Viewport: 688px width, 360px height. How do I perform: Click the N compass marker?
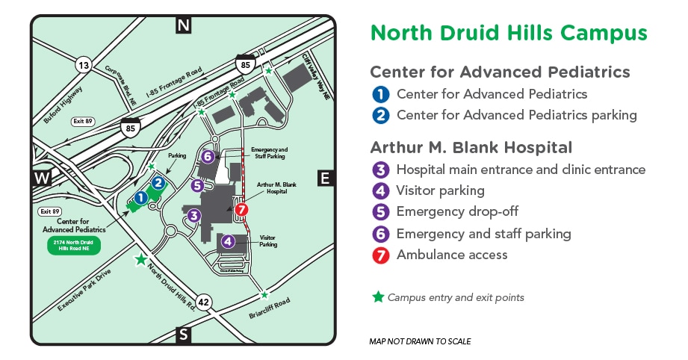pyautogui.click(x=184, y=25)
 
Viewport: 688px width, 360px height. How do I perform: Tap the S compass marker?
pyautogui.click(x=184, y=334)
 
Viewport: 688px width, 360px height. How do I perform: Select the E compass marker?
pyautogui.click(x=325, y=178)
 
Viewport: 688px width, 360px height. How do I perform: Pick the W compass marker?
pyautogui.click(x=40, y=178)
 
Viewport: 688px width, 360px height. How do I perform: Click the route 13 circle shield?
pyautogui.click(x=84, y=66)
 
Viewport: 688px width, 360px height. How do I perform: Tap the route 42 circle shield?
pyautogui.click(x=205, y=302)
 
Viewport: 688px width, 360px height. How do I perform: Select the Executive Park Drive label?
pyautogui.click(x=84, y=289)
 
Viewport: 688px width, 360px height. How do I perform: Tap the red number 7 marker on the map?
pyautogui.click(x=241, y=210)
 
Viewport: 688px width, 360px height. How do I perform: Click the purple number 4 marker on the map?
pyautogui.click(x=228, y=241)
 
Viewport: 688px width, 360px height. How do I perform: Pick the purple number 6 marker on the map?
pyautogui.click(x=208, y=157)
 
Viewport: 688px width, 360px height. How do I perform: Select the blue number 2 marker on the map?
pyautogui.click(x=158, y=181)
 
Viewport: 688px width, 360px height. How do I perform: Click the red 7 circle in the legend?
pyautogui.click(x=381, y=255)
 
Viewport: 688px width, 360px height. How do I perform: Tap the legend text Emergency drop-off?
pyautogui.click(x=457, y=212)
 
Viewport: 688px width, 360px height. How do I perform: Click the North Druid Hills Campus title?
pyautogui.click(x=509, y=33)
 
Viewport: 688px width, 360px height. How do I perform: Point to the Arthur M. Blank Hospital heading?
pyautogui.click(x=471, y=147)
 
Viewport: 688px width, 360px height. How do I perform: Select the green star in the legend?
pyautogui.click(x=378, y=297)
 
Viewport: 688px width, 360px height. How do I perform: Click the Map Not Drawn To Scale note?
pyautogui.click(x=420, y=341)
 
